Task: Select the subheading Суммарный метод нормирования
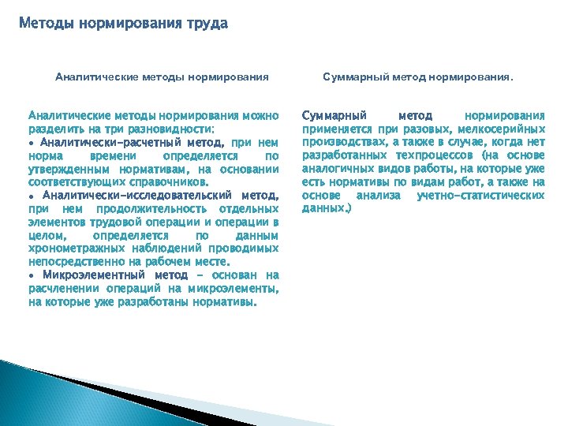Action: click(418, 77)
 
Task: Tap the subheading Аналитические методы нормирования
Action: click(162, 77)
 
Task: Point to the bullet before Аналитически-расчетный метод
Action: click(31, 143)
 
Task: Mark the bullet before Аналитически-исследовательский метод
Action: click(31, 195)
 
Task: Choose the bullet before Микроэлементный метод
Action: click(31, 275)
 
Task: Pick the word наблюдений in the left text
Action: click(165, 248)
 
